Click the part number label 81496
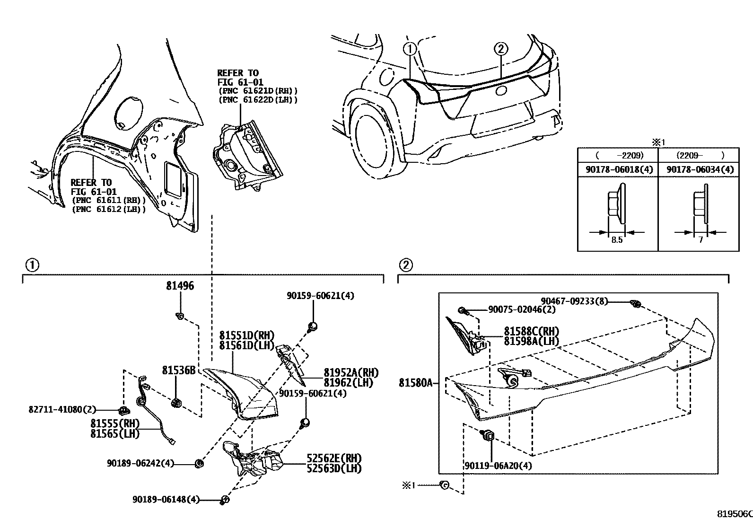click(x=180, y=286)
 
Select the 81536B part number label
click(x=179, y=370)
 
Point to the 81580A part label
click(x=415, y=383)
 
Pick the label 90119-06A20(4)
click(x=491, y=466)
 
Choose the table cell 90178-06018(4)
click(x=617, y=169)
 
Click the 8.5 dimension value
click(x=617, y=240)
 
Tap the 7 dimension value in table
click(x=700, y=240)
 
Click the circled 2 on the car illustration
click(x=501, y=49)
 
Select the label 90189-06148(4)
click(x=166, y=499)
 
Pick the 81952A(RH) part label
click(x=351, y=373)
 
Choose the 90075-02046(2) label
click(x=522, y=309)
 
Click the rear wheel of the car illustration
click(x=376, y=143)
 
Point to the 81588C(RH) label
click(x=531, y=331)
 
